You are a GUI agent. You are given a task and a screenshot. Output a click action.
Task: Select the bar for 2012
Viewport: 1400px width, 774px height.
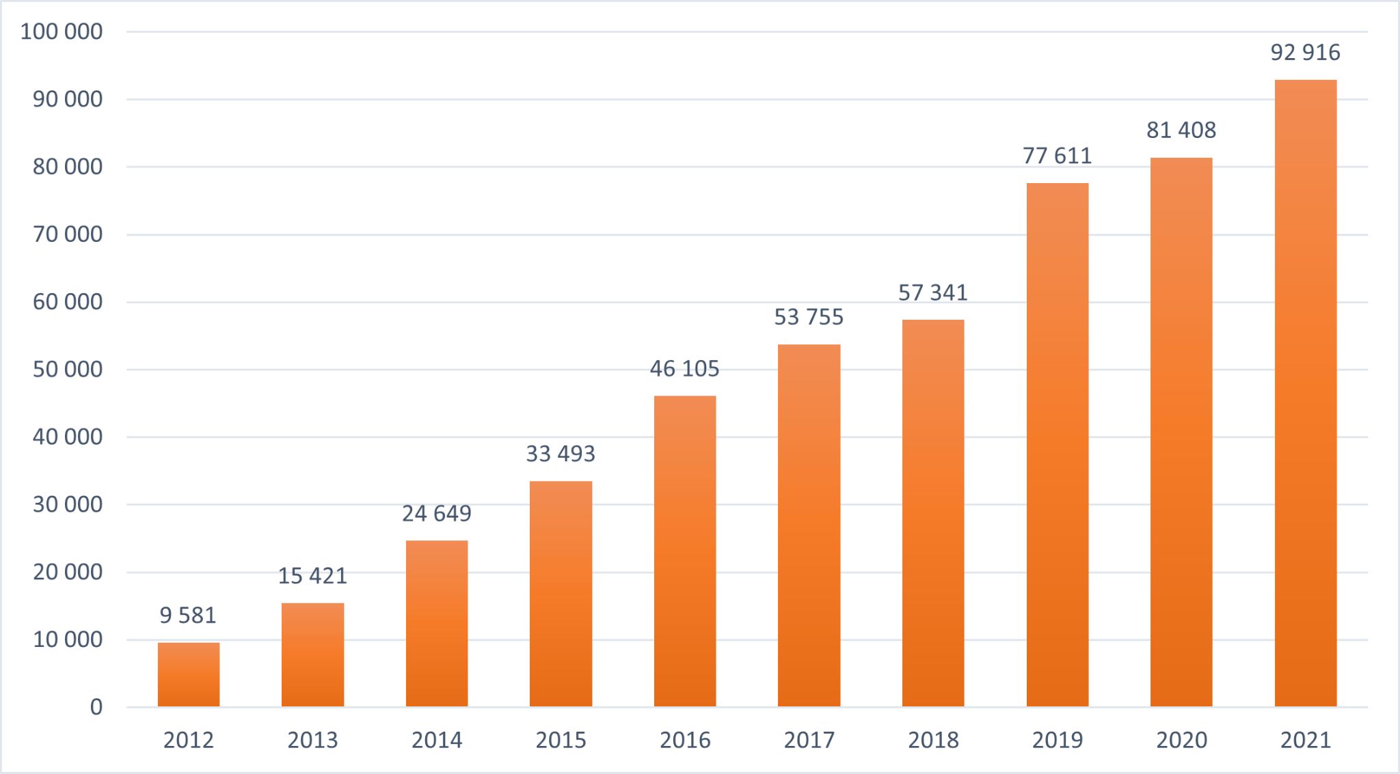pyautogui.click(x=189, y=674)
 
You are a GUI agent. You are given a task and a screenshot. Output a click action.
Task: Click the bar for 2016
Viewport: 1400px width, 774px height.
pyautogui.click(x=685, y=551)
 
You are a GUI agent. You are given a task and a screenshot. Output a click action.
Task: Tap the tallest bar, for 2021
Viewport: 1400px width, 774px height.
pyautogui.click(x=1306, y=393)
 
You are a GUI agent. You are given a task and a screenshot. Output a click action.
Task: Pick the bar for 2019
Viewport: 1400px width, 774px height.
pyautogui.click(x=1058, y=444)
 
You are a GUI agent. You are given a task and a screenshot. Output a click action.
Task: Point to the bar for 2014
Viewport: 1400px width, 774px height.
pyautogui.click(x=437, y=623)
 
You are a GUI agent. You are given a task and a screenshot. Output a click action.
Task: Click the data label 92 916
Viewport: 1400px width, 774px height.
pyautogui.click(x=1306, y=53)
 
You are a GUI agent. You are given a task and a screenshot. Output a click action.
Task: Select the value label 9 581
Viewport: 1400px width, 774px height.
pyautogui.click(x=188, y=616)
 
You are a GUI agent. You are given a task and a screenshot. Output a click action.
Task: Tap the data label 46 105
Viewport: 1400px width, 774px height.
pyautogui.click(x=684, y=369)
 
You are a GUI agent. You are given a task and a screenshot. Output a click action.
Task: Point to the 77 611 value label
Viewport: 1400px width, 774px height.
pyautogui.click(x=1058, y=156)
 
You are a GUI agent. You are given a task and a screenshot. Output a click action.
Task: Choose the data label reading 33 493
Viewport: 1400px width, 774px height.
pyautogui.click(x=561, y=454)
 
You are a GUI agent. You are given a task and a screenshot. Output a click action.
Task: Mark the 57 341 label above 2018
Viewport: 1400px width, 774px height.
pyautogui.click(x=933, y=292)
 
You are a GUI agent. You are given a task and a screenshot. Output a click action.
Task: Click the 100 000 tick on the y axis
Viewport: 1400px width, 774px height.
pyautogui.click(x=62, y=31)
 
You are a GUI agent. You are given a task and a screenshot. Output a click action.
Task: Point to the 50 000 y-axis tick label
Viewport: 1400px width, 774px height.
pyautogui.click(x=68, y=370)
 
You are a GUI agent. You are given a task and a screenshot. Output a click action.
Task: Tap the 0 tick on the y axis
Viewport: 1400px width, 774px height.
pyautogui.click(x=96, y=707)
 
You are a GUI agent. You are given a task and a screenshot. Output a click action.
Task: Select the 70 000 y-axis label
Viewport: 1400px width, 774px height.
pyautogui.click(x=68, y=234)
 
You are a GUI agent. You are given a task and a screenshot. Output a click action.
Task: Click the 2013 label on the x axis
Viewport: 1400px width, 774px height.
pyautogui.click(x=312, y=740)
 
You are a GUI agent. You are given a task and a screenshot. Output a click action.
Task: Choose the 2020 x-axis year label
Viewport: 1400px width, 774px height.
pyautogui.click(x=1181, y=740)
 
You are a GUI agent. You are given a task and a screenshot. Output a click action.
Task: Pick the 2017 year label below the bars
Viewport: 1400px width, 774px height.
pyautogui.click(x=809, y=740)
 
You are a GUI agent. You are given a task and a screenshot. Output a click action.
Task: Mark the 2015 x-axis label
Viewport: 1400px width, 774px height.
pyautogui.click(x=561, y=740)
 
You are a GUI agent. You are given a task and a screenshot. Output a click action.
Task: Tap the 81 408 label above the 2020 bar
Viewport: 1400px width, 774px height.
pyautogui.click(x=1181, y=130)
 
